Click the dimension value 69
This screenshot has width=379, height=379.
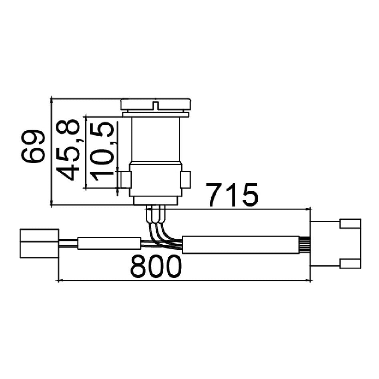[x=33, y=146]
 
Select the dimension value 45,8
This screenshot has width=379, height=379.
[x=68, y=150]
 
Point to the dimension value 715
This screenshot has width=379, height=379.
[x=232, y=195]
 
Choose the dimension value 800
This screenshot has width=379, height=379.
[x=156, y=267]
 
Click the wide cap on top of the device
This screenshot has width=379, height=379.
[x=156, y=104]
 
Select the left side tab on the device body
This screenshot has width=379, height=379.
[x=126, y=179]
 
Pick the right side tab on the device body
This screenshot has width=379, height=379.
[x=185, y=179]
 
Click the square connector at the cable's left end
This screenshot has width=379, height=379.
[x=39, y=243]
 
